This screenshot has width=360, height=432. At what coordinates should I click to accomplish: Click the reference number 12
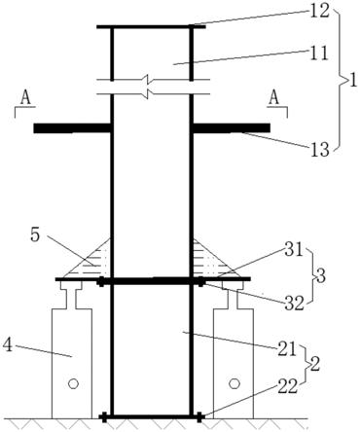(318, 11)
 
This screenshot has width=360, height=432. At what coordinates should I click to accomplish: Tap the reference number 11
(318, 54)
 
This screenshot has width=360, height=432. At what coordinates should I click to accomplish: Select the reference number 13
(319, 150)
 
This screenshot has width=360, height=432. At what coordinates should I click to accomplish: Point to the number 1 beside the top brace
(352, 81)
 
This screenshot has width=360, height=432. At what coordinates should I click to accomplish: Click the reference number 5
(35, 235)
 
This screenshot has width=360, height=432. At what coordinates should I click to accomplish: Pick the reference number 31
(293, 251)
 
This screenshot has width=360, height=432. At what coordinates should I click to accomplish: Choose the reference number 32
(295, 303)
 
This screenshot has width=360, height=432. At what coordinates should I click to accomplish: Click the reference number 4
(8, 345)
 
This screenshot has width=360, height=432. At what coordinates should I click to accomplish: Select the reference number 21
(286, 350)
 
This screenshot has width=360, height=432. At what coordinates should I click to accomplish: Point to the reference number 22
(287, 386)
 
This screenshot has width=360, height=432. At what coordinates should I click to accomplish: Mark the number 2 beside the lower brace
(315, 365)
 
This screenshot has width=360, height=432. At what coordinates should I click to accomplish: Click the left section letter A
(25, 98)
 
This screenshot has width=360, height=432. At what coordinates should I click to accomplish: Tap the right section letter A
(274, 98)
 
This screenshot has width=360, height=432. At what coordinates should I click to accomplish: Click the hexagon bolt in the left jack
(73, 383)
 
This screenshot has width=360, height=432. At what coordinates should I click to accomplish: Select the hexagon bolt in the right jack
(234, 383)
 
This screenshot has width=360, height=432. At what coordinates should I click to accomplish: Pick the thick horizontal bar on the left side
(72, 128)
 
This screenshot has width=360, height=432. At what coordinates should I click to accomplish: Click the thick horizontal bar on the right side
(232, 128)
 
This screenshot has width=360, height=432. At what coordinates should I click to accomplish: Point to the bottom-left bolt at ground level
(104, 417)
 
